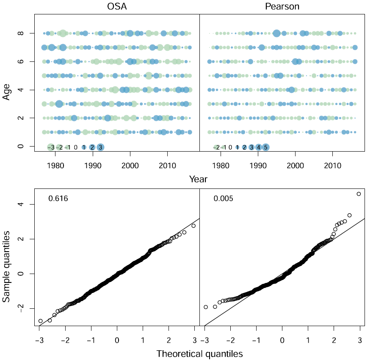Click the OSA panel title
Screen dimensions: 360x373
coord(115,6)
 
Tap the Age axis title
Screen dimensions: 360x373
coord(7,91)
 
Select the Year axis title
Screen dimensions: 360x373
coord(198,179)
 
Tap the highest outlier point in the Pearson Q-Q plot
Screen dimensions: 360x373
coord(359,194)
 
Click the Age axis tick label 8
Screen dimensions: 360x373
coord(20,33)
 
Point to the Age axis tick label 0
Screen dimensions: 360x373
coord(20,147)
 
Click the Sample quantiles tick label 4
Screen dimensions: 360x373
coord(20,205)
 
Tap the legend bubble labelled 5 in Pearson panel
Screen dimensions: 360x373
coord(265,147)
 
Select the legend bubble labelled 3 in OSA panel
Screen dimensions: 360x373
coord(100,147)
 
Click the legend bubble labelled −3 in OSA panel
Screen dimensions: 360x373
coord(50,147)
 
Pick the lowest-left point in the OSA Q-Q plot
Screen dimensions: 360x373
coord(40,321)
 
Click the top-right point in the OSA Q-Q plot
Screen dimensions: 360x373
coord(193,226)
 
